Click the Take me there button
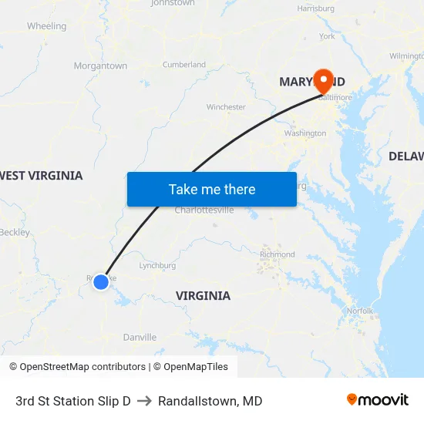[212, 190]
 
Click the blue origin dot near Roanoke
[101, 282]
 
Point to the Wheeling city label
[46, 26]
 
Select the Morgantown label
[100, 66]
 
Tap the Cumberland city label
[184, 65]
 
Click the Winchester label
[226, 107]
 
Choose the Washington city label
[305, 133]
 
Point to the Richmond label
[278, 254]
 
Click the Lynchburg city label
[157, 266]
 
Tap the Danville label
[140, 337]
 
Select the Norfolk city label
[360, 311]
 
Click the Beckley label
[15, 232]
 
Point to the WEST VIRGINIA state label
[41, 176]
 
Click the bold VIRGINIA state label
[203, 296]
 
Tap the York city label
[327, 36]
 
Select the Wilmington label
[406, 56]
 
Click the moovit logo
[378, 399]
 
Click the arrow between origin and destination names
[144, 401]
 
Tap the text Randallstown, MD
[210, 401]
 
